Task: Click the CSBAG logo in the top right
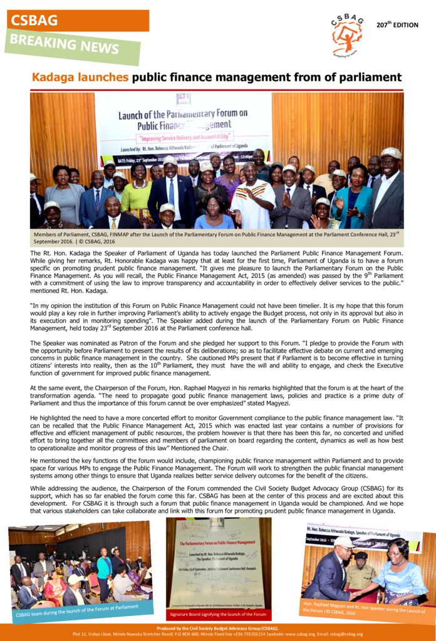click(346, 34)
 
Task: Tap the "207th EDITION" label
click(397, 25)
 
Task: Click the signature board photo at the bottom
click(218, 563)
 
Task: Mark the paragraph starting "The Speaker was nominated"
click(216, 358)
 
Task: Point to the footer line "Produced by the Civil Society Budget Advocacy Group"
click(217, 628)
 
